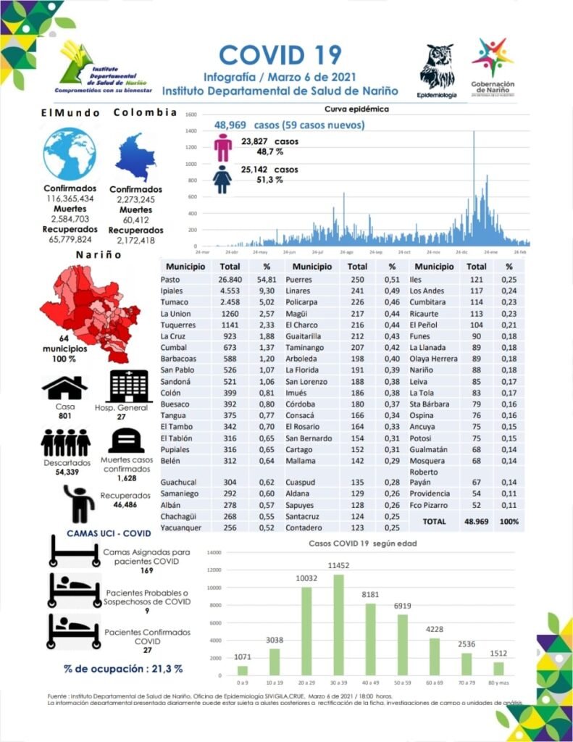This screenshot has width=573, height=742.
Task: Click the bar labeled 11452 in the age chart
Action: [x=338, y=625]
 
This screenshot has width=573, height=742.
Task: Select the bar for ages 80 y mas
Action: [x=498, y=667]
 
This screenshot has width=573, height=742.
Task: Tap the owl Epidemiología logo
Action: [x=437, y=68]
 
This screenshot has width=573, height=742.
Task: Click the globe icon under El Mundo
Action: [x=70, y=154]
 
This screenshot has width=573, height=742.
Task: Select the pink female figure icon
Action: [x=223, y=146]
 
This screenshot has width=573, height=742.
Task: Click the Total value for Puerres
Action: [x=355, y=279]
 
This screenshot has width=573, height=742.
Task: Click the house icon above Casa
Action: [x=64, y=388]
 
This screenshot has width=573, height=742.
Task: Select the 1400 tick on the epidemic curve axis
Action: [x=191, y=131]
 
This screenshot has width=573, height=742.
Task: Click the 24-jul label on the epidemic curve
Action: [x=317, y=251]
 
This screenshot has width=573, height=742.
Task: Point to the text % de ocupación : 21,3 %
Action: [x=122, y=668]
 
